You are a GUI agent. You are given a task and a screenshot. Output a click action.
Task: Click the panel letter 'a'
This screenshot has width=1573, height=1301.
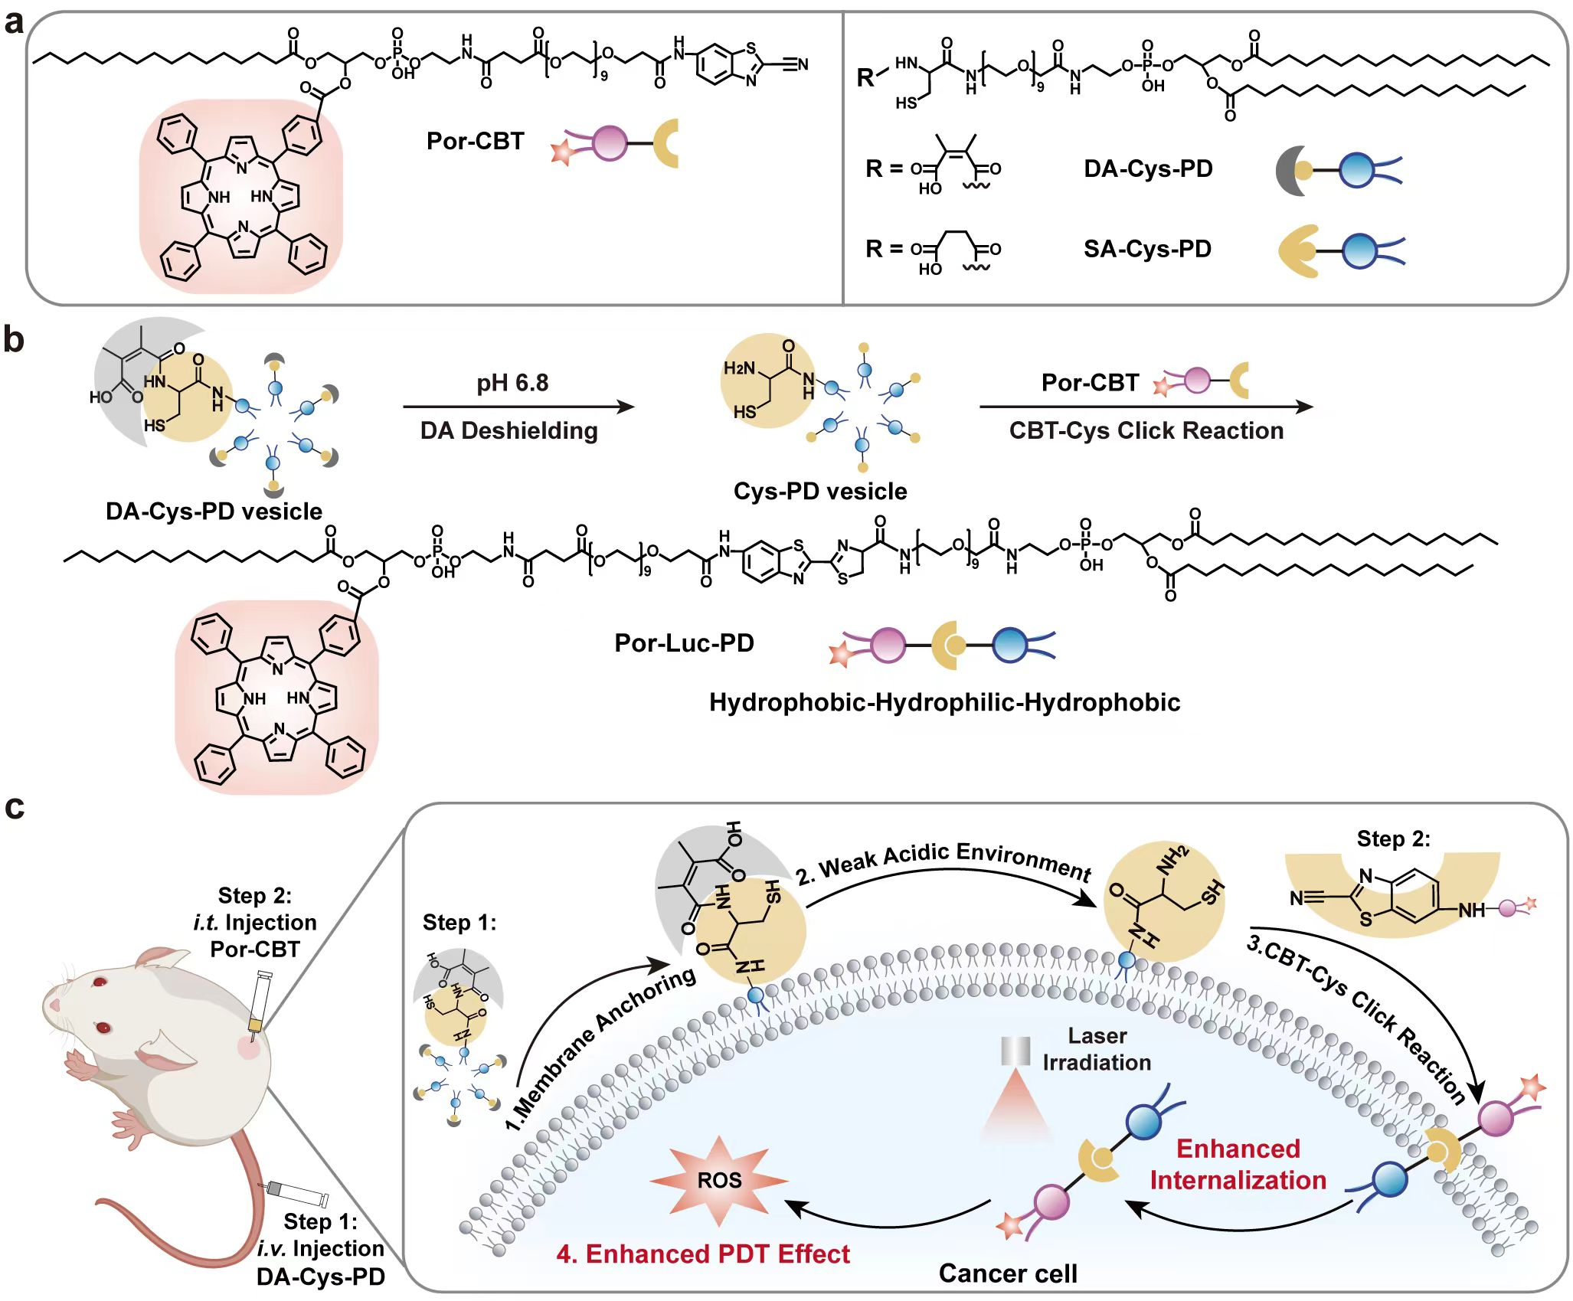coord(14,23)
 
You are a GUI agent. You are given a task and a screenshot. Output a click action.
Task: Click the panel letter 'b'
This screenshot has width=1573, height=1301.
coord(14,339)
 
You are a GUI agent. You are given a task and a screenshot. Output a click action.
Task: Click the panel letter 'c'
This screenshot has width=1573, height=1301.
coord(14,808)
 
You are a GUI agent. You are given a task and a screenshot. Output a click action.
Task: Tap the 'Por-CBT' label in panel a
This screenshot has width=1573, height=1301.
coord(475,142)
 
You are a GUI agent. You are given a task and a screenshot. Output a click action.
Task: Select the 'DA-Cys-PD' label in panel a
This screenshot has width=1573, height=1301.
coord(1147,169)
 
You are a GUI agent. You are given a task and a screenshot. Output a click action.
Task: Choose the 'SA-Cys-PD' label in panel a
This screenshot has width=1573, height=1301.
coord(1146,250)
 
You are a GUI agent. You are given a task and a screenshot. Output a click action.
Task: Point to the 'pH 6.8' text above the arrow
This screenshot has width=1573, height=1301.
coord(512,382)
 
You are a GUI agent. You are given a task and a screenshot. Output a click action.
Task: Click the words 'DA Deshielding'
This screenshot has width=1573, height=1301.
coord(509,430)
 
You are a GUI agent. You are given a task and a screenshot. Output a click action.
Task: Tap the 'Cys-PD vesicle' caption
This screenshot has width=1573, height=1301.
coord(819,491)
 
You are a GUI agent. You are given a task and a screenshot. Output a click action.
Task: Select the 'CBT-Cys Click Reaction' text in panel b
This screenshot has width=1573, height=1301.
coord(1146,430)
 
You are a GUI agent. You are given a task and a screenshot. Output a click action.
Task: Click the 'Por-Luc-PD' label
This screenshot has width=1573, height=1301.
coord(684,643)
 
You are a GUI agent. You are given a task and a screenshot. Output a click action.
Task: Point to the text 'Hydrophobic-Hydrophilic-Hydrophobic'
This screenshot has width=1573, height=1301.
coord(944,702)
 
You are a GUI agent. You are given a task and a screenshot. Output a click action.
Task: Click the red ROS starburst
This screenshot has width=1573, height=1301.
coord(718,1180)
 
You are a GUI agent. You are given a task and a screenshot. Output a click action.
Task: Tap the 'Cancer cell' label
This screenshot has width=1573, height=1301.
coord(1007,1273)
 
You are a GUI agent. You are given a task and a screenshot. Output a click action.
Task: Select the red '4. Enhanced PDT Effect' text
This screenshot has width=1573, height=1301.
coord(703,1254)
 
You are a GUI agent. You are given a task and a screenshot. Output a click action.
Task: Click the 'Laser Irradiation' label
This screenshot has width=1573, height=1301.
coord(1097,1049)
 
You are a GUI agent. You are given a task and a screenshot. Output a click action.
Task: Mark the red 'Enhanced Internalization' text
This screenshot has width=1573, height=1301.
coord(1238,1165)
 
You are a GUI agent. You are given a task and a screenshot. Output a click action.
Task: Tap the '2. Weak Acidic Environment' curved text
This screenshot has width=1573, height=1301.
coord(943,862)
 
